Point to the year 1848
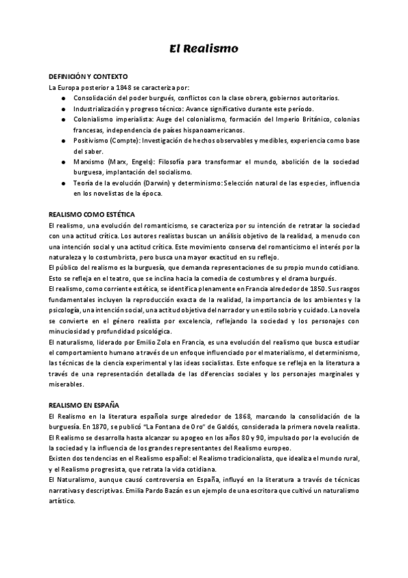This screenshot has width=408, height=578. pos(131,87)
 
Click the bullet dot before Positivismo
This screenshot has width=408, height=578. pos(63,140)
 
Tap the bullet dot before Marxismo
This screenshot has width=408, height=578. pos(63,162)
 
